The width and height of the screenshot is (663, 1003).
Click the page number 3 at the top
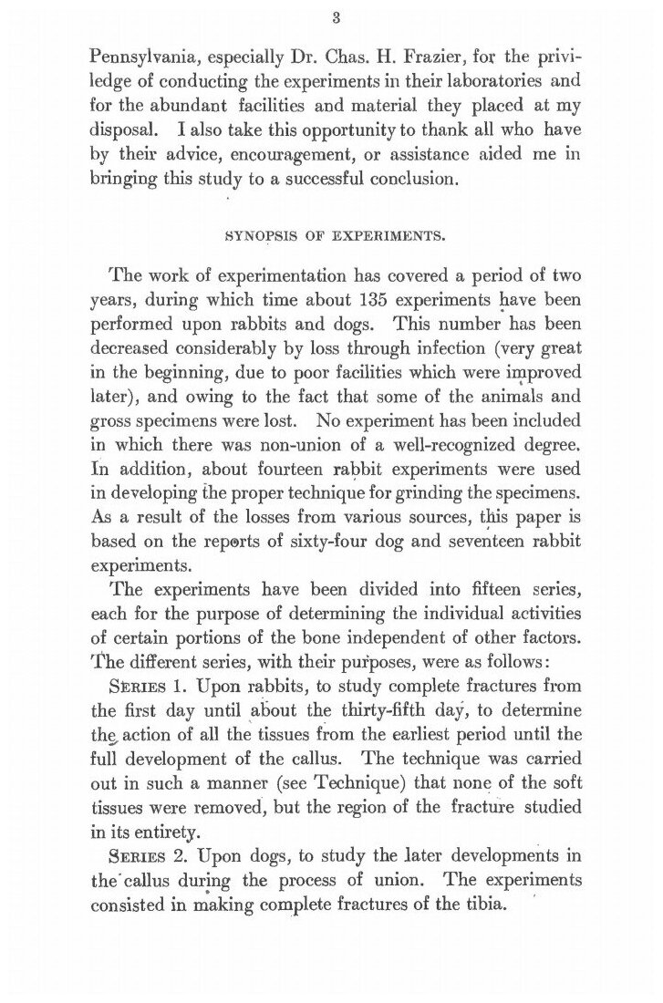336,16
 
